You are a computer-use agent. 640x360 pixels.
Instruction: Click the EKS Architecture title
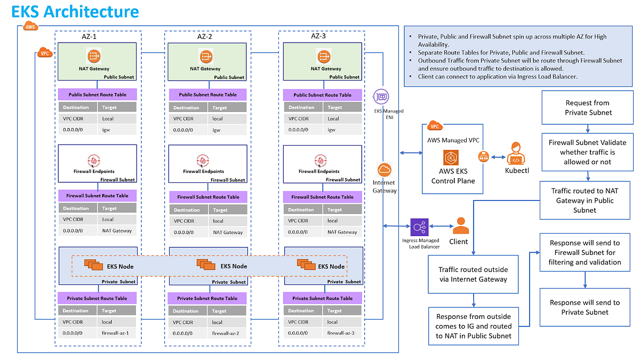(x=75, y=12)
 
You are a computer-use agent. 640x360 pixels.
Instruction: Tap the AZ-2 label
(x=204, y=37)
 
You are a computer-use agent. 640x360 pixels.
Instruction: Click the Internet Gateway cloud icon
(x=384, y=170)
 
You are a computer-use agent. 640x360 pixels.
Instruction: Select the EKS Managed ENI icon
(x=381, y=96)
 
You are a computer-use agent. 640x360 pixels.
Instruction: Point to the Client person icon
(x=461, y=226)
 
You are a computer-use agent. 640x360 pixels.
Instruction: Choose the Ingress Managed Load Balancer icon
(x=419, y=227)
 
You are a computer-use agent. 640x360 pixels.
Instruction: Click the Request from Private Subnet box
(x=588, y=108)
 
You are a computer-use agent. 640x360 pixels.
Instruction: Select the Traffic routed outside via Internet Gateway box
(x=473, y=274)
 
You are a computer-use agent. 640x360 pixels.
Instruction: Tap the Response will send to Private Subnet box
(x=585, y=307)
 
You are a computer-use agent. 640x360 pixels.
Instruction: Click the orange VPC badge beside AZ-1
(x=45, y=53)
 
